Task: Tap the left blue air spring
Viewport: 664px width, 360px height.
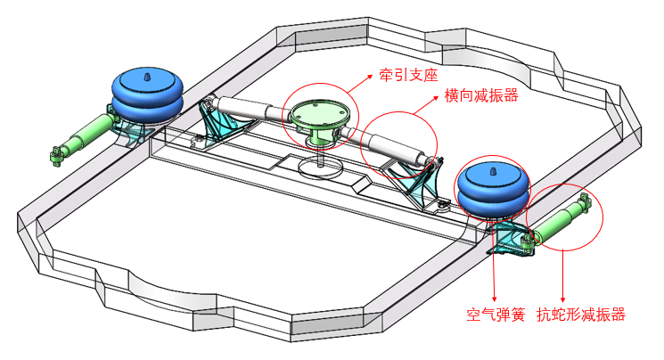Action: point(146,93)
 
